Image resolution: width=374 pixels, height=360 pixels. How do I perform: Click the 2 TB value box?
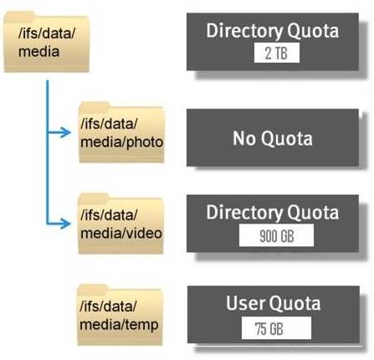pos(277,53)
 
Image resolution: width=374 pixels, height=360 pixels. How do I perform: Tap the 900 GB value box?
pos(276,236)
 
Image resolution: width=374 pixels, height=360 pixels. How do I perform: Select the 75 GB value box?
pos(276,328)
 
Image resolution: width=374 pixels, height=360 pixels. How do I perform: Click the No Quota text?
pos(273,138)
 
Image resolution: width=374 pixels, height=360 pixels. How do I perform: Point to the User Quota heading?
pos(273,303)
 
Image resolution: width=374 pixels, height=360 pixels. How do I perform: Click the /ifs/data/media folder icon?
pos(46,42)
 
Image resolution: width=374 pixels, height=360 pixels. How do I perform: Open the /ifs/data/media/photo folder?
pos(121,132)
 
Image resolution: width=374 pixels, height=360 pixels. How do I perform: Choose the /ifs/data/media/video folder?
pos(120,224)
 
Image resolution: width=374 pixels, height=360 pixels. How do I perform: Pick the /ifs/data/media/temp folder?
pos(120,315)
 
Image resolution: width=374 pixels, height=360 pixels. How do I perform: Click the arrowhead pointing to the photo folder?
pos(65,132)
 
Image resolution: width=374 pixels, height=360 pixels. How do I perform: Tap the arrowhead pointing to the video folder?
pos(65,224)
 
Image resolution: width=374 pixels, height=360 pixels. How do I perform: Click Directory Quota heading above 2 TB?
pos(273,31)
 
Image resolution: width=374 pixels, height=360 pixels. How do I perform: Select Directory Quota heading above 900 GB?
pos(273,213)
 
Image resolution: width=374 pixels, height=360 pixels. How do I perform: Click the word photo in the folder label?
pos(145,142)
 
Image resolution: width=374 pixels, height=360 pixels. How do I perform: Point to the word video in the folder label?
pos(144,234)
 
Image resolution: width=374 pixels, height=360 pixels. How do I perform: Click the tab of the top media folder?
pos(19,17)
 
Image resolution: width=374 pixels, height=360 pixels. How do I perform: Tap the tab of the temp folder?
pos(93,290)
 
